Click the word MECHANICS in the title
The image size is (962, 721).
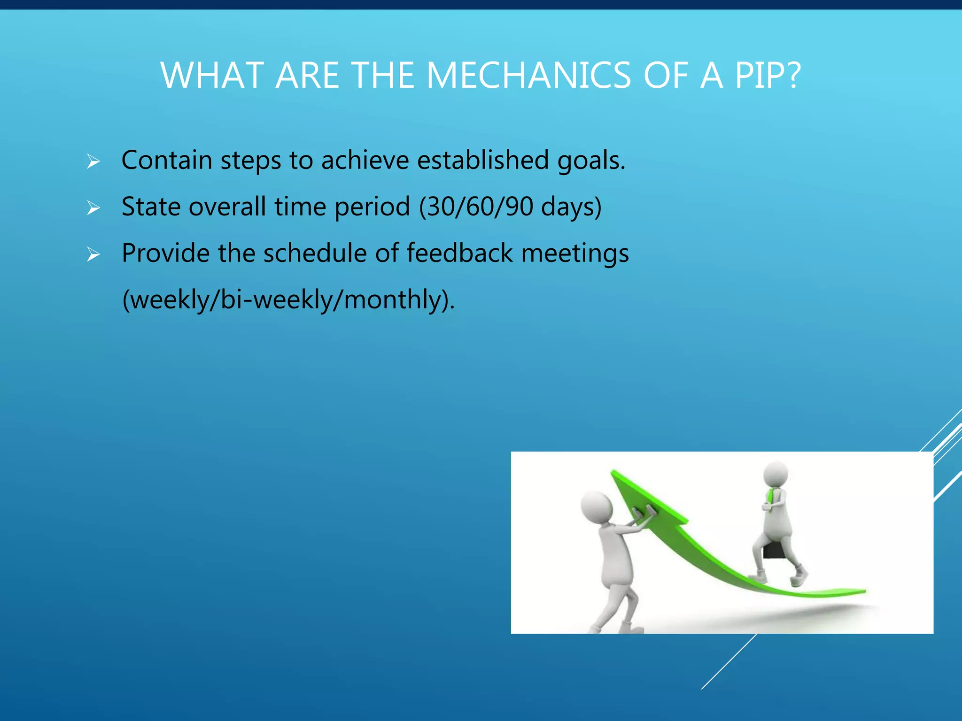pyautogui.click(x=528, y=76)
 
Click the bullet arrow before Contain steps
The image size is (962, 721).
pyautogui.click(x=93, y=162)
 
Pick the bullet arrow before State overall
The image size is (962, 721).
pyautogui.click(x=93, y=208)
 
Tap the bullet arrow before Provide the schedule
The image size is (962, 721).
pyautogui.click(x=93, y=254)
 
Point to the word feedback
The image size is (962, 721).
pyautogui.click(x=459, y=253)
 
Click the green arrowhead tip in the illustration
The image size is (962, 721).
pyautogui.click(x=615, y=474)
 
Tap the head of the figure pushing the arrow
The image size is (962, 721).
pyautogui.click(x=596, y=507)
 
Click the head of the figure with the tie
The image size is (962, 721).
pyautogui.click(x=776, y=474)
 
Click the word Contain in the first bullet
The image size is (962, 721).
pyautogui.click(x=167, y=160)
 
